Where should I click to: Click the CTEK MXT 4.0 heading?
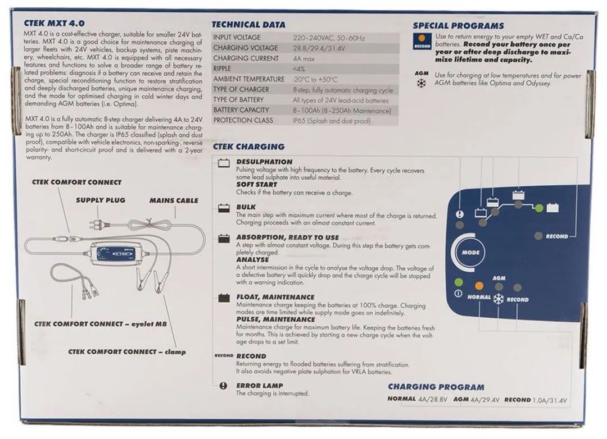pos(54,24)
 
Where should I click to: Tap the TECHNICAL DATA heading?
pos(248,25)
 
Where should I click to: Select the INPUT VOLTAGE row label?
pos(237,38)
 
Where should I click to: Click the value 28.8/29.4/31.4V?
pos(319,48)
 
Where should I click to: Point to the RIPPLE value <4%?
pos(299,69)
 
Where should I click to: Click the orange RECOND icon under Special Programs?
pos(422,41)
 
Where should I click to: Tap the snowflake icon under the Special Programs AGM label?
pos(421,83)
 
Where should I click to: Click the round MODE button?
pos(470,252)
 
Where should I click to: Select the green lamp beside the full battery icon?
pos(538,208)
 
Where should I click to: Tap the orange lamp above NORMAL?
pos(479,286)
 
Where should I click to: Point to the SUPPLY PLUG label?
pos(101,200)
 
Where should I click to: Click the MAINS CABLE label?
pos(174,200)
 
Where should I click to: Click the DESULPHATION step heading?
pos(264,162)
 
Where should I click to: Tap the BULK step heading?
pos(246,207)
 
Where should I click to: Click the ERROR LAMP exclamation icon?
pos(223,386)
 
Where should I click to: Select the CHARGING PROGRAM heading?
pos(436,387)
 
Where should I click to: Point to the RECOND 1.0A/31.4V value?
pos(536,400)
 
